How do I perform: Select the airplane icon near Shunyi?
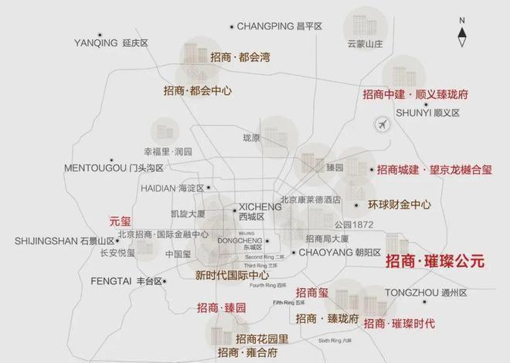pos(381,124)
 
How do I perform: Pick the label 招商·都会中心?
pos(198,90)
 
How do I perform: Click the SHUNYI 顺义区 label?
pos(427,113)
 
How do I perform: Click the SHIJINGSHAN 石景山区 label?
pos(64,241)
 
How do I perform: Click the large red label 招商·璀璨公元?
pos(435,262)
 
